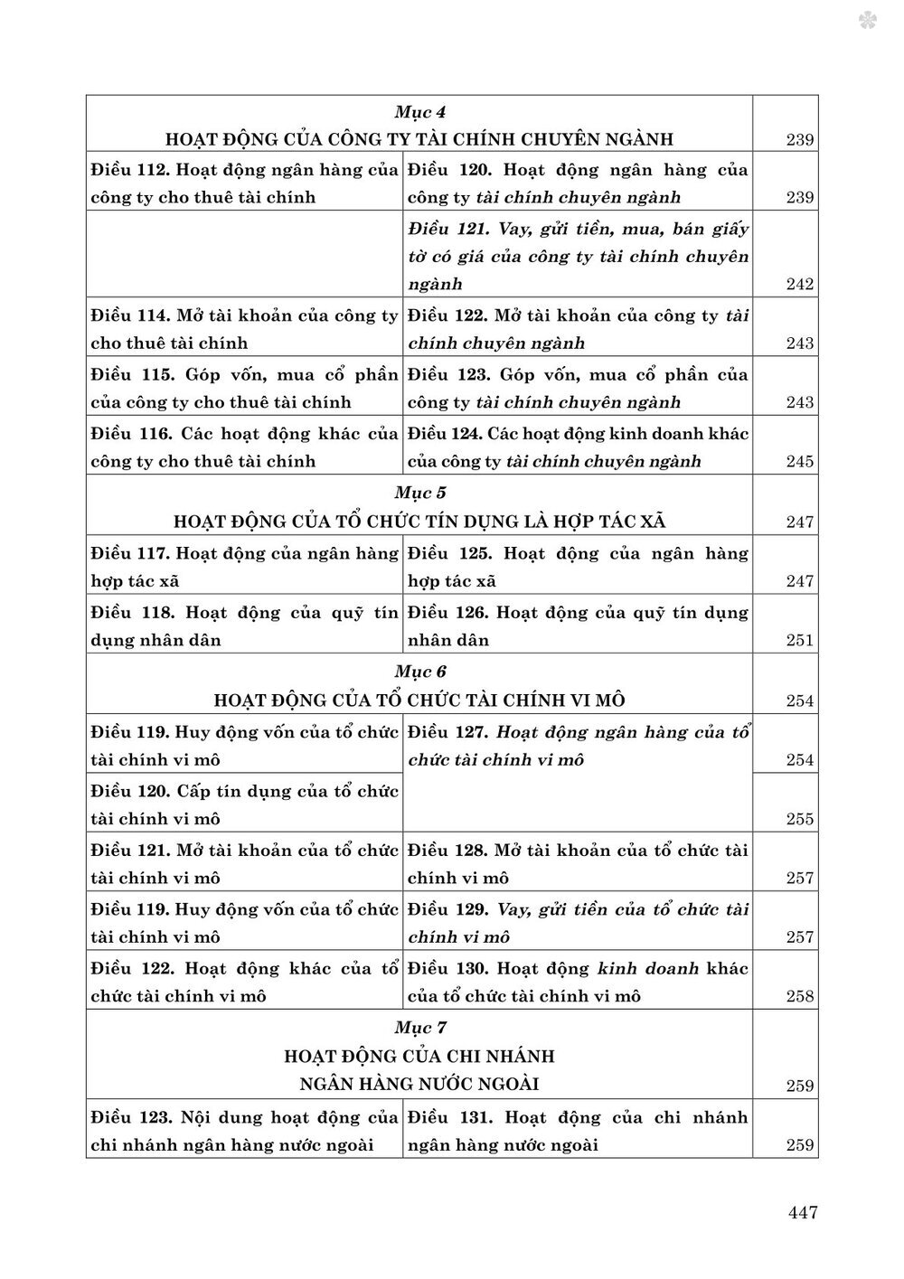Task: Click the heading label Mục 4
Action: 420,112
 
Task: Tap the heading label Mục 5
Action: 420,494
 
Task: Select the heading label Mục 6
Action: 420,672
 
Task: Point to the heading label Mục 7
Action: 420,1028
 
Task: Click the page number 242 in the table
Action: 800,285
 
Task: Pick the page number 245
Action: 800,462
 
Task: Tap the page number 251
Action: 800,641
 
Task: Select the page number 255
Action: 800,820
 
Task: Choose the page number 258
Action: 800,997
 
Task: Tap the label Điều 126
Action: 447,612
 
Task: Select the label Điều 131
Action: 449,1117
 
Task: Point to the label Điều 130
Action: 447,969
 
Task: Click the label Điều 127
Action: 447,732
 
